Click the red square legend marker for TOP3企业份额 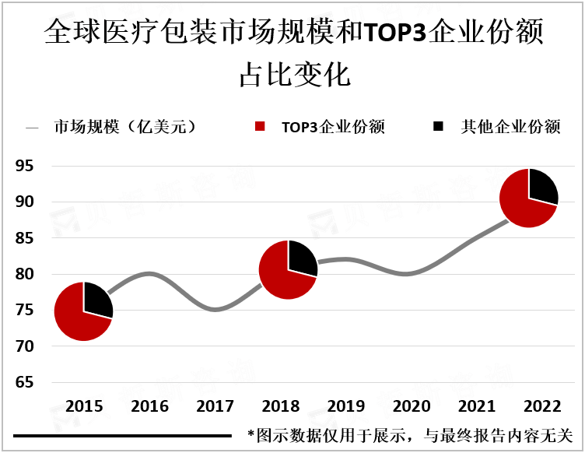coord(260,127)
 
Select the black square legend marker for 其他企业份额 coord(438,127)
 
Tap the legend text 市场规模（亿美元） coord(124,127)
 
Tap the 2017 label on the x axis coord(215,407)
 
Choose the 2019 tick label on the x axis coord(347,407)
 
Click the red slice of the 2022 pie coord(518,204)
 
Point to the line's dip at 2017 coord(215,310)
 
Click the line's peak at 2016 coord(150,273)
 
